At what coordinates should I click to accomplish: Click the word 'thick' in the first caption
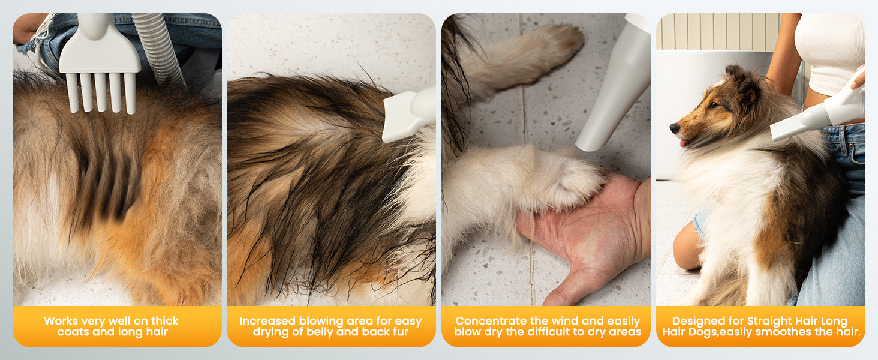(x=164, y=321)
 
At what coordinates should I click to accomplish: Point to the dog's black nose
(x=674, y=128)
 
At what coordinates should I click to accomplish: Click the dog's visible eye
(x=714, y=105)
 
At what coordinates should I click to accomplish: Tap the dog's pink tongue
(x=683, y=143)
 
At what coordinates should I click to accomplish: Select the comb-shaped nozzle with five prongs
(x=100, y=63)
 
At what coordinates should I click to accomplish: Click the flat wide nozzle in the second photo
(x=408, y=115)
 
